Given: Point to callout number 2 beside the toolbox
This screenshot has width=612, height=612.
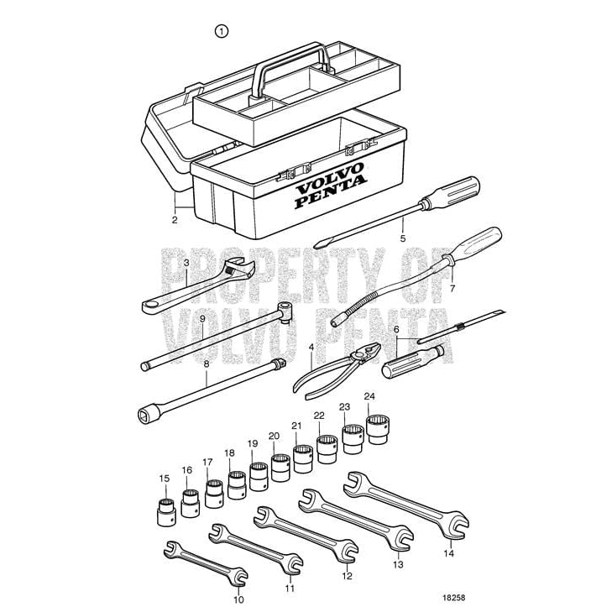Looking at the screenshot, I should [175, 221].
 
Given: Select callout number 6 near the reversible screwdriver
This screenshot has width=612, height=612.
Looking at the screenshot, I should [395, 331].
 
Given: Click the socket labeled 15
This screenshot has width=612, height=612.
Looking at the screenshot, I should [165, 510].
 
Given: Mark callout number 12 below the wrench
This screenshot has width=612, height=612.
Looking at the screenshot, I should [347, 576].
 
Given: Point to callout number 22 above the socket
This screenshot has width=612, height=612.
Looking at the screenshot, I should [318, 415].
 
